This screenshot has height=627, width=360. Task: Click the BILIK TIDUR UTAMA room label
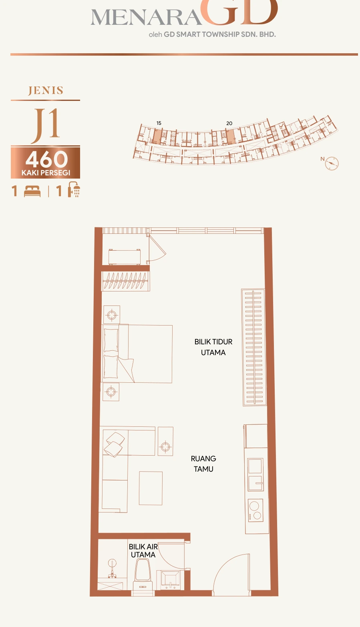(213, 347)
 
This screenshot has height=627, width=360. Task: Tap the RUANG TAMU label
(203, 464)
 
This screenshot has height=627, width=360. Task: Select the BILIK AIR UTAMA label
(143, 551)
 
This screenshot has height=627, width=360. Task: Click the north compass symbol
(332, 163)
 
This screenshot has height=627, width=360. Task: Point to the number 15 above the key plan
(159, 123)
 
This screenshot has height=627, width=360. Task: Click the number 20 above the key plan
(229, 123)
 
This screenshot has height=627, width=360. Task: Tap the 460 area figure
(46, 159)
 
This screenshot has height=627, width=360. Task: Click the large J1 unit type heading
(46, 125)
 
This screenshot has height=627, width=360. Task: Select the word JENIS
(46, 90)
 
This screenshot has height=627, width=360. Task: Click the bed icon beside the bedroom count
(32, 191)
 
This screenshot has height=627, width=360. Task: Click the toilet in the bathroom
(143, 576)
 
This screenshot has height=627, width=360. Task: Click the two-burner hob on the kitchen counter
(255, 510)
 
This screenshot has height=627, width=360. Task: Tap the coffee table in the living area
(151, 488)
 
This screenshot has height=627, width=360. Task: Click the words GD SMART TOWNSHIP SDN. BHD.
(220, 34)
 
